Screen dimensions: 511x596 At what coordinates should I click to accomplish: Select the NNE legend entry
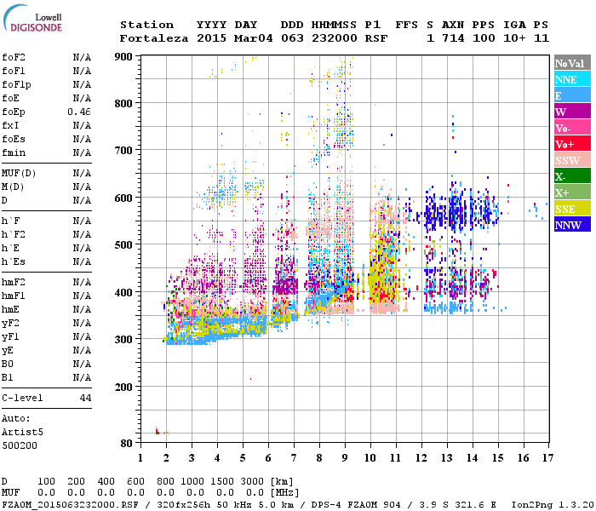coord(572,79)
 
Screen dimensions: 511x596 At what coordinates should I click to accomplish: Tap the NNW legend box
coord(572,225)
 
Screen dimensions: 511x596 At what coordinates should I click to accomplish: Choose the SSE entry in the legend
coord(572,209)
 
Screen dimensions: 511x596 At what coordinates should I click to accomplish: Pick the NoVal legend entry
coord(572,63)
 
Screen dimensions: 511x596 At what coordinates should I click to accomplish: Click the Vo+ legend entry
coord(572,144)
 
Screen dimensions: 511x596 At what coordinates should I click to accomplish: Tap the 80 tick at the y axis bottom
coord(126,444)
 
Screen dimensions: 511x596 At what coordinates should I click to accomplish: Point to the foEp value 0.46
coord(79,112)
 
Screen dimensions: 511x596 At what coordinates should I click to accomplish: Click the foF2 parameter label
coord(13,57)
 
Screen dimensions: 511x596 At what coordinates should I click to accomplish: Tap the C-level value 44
coord(85,398)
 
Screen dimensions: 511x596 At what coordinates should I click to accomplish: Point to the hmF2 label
coord(13,282)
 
